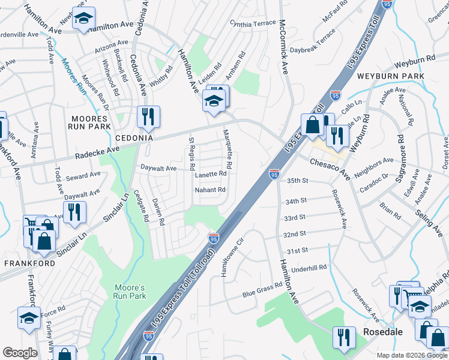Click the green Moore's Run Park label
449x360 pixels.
click(130, 292)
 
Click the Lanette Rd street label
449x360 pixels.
click(210, 174)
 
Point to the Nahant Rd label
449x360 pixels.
click(209, 190)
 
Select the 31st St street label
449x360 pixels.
click(297, 250)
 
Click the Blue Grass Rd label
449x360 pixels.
click(262, 290)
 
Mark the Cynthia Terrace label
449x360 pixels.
click(253, 22)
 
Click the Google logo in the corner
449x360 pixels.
click(20, 352)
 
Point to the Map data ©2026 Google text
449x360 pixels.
click(411, 355)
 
